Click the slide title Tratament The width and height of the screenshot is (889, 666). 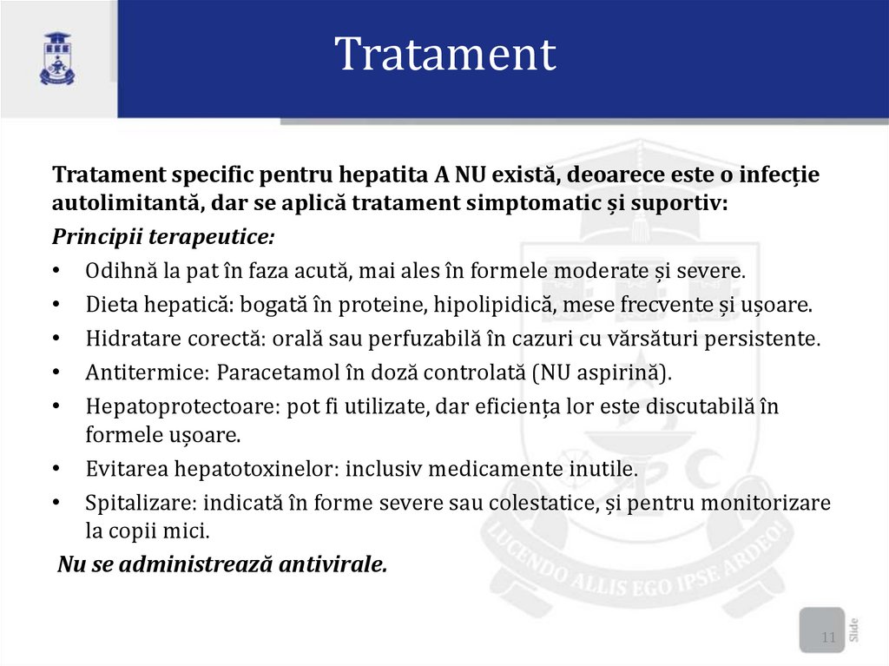444,55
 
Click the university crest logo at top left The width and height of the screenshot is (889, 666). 57,58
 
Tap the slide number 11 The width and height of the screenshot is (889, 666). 827,639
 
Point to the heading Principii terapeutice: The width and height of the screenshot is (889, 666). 163,237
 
